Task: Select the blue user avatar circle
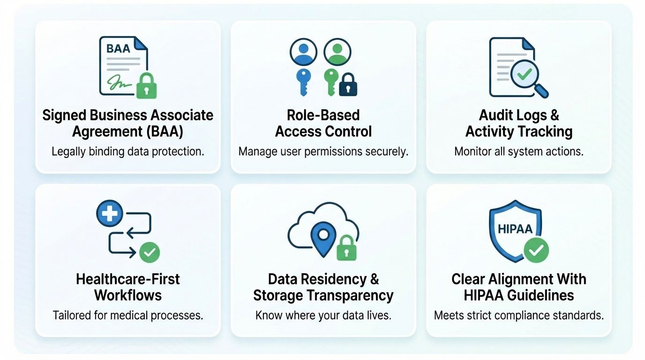click(303, 52)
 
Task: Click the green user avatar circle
click(337, 52)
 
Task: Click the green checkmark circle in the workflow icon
click(150, 253)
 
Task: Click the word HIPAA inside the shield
click(515, 229)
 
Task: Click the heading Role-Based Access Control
click(323, 123)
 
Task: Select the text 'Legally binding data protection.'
click(128, 152)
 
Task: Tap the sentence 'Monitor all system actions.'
click(518, 152)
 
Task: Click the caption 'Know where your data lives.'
click(323, 315)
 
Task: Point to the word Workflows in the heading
click(128, 295)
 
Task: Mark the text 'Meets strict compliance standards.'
click(518, 315)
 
